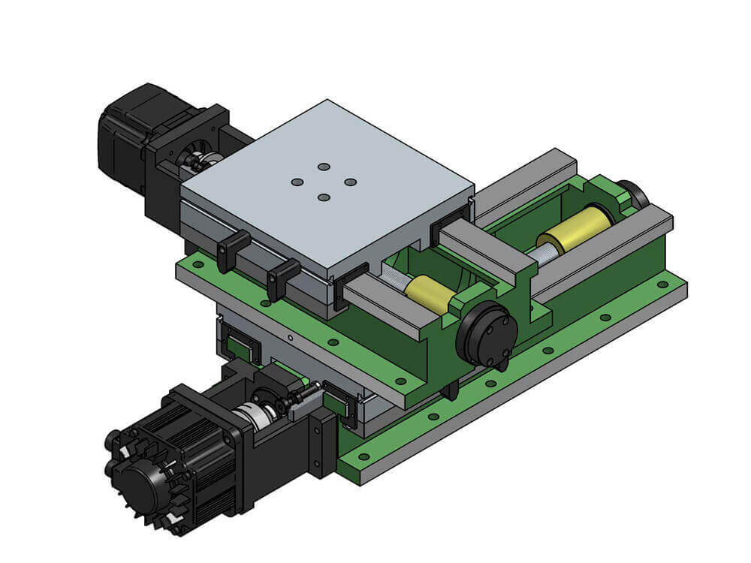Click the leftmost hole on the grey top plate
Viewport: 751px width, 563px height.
[297, 182]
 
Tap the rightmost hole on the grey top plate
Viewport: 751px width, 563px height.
[350, 182]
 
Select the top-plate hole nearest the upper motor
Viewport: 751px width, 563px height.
[324, 166]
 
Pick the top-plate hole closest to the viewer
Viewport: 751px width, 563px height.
[324, 197]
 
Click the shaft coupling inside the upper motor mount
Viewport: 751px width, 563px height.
[198, 160]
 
